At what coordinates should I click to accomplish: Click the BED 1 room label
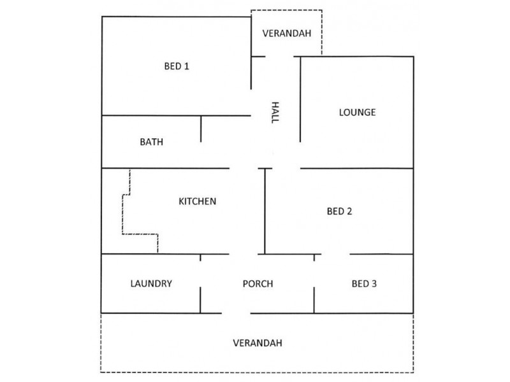click(x=177, y=66)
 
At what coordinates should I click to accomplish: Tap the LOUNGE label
click(x=357, y=113)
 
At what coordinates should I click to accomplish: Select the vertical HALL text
click(x=275, y=113)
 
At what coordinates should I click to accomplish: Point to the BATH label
click(x=151, y=142)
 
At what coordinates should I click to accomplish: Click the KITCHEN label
click(x=198, y=201)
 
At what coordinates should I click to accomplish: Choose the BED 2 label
click(x=339, y=211)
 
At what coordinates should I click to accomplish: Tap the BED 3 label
click(x=364, y=284)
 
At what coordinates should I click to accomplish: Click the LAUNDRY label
click(x=151, y=283)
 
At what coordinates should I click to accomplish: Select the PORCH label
click(x=258, y=284)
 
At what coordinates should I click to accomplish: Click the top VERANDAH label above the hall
click(x=287, y=34)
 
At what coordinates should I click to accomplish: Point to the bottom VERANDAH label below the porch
click(x=258, y=343)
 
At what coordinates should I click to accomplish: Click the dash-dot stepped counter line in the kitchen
click(x=122, y=215)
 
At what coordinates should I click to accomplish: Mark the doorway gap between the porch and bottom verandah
click(x=236, y=313)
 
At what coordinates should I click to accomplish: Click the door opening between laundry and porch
click(x=200, y=274)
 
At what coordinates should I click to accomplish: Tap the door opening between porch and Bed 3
click(x=314, y=274)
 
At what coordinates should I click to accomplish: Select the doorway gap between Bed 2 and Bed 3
click(x=336, y=254)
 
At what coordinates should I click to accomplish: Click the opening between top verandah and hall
click(x=280, y=57)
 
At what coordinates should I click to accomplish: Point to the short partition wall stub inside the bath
click(x=201, y=129)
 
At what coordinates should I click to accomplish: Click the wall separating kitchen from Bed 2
click(x=265, y=211)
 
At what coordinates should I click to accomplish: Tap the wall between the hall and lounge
click(x=300, y=99)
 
